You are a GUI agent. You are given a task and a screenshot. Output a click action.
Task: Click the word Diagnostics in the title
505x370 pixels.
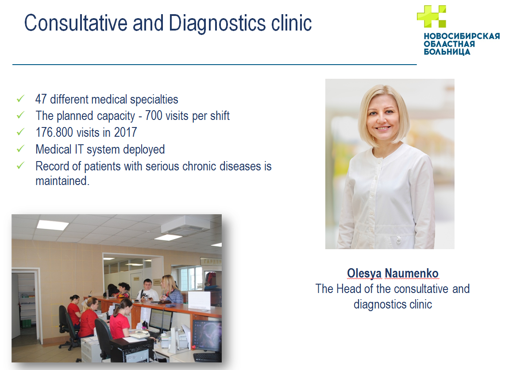click(217, 23)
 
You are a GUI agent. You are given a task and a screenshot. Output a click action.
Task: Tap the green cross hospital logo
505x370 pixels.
click(432, 16)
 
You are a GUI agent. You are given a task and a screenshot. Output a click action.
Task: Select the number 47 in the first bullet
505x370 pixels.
click(41, 99)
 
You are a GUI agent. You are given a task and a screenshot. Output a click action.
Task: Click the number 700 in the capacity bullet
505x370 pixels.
click(154, 116)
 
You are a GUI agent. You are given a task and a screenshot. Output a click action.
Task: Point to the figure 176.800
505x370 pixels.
click(54, 132)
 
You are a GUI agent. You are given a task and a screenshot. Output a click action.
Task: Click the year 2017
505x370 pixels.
click(126, 132)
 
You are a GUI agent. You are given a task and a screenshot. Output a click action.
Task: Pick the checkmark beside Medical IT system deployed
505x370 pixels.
click(20, 149)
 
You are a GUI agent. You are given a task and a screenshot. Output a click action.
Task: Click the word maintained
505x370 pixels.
click(62, 181)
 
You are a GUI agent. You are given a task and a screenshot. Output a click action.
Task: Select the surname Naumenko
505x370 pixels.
click(412, 273)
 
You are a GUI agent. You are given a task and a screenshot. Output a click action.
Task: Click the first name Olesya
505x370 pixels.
click(364, 274)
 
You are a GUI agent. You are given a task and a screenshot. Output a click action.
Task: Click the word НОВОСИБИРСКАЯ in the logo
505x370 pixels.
click(462, 36)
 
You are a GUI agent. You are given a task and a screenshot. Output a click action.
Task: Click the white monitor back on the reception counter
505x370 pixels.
click(199, 301)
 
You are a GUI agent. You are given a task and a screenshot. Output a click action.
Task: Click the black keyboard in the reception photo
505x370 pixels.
click(207, 357)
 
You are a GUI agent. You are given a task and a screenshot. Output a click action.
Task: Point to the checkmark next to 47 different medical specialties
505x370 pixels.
click(20, 99)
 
